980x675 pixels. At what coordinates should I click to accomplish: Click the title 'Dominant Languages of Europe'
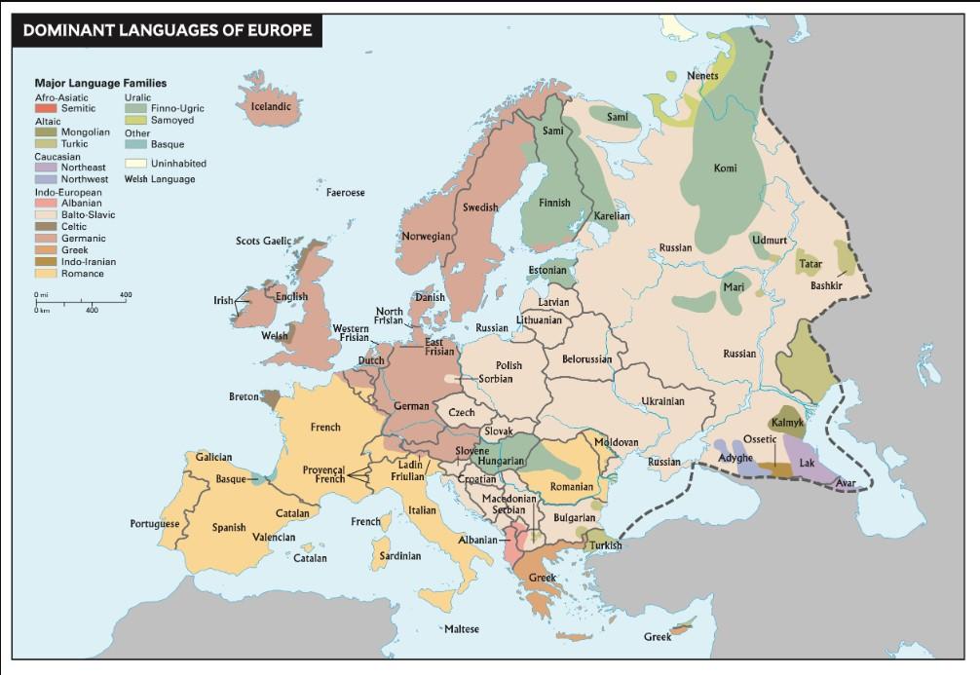[x=167, y=30]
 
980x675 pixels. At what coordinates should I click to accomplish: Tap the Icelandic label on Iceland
[x=271, y=106]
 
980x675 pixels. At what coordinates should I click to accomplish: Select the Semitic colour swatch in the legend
[x=47, y=108]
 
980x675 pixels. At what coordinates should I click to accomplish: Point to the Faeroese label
[x=345, y=193]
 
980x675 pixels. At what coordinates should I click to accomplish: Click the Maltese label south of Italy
[x=461, y=629]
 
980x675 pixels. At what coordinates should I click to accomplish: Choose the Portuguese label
[x=154, y=524]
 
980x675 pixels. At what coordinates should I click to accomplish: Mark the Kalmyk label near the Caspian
[x=786, y=423]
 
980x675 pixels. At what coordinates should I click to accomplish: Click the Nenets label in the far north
[x=702, y=76]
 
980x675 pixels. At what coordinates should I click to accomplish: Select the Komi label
[x=725, y=169]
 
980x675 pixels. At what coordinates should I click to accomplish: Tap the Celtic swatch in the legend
[x=47, y=227]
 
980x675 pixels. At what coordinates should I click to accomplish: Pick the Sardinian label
[x=399, y=556]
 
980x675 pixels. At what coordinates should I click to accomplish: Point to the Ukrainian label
[x=662, y=401]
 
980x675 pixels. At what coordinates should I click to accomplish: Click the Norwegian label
[x=426, y=237]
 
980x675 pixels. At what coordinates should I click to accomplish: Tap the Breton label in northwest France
[x=244, y=397]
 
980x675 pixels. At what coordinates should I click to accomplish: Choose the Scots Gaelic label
[x=263, y=241]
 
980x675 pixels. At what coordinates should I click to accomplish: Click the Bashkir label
[x=825, y=285]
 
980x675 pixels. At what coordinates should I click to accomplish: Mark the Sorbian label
[x=496, y=379]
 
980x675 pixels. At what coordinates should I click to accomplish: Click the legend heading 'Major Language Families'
[x=100, y=84]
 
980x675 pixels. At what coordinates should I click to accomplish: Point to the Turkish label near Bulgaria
[x=604, y=545]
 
